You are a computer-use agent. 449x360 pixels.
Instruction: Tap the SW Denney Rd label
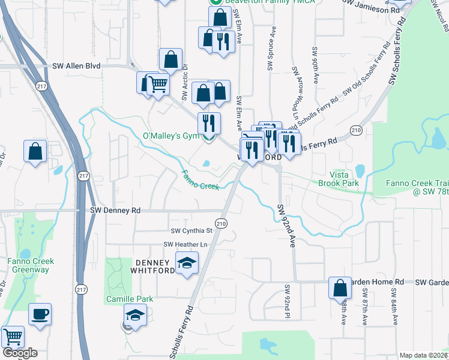pyautogui.click(x=115, y=211)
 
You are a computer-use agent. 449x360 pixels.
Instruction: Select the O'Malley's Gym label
pyautogui.click(x=170, y=136)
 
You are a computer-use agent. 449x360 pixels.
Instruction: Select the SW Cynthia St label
pyautogui.click(x=191, y=230)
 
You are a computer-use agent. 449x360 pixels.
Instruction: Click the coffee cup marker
pyautogui.click(x=40, y=314)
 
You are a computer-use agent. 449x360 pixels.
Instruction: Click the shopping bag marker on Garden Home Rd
pyautogui.click(x=340, y=288)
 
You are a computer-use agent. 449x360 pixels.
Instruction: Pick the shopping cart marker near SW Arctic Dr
pyautogui.click(x=157, y=85)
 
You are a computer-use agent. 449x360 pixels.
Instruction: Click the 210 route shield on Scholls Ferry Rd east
pyautogui.click(x=356, y=130)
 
